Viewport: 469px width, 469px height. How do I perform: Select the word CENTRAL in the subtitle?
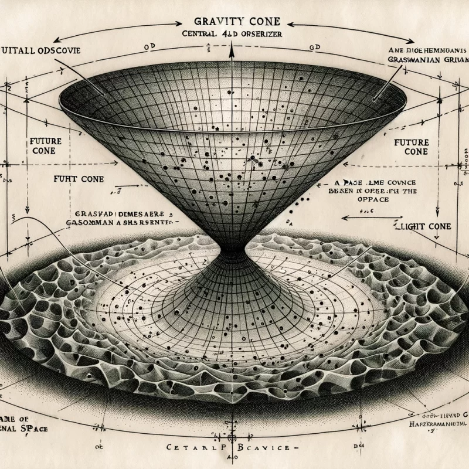coord(200,35)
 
